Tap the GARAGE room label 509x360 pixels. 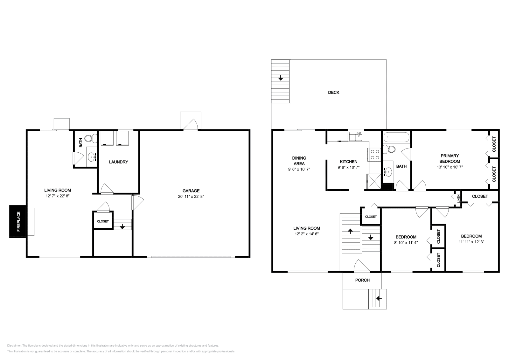(191, 191)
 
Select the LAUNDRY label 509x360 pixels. (118, 162)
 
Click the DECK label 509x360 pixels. (333, 93)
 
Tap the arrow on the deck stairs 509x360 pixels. (281, 78)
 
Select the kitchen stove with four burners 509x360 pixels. (375, 155)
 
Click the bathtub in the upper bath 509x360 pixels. (396, 137)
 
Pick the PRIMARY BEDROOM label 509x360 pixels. (450, 158)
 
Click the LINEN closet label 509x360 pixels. (458, 199)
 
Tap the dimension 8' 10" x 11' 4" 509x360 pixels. (406, 242)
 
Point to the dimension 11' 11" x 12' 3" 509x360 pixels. (471, 242)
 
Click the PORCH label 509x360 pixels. (362, 280)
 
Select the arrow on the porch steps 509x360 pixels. (379, 298)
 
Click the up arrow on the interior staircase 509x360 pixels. (350, 231)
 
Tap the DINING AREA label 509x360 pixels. (299, 161)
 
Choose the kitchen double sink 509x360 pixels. (355, 137)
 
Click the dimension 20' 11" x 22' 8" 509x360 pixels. (191, 197)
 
